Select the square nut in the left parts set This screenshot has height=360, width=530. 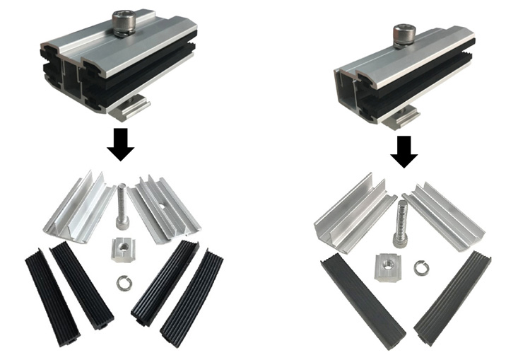point(124,250)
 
